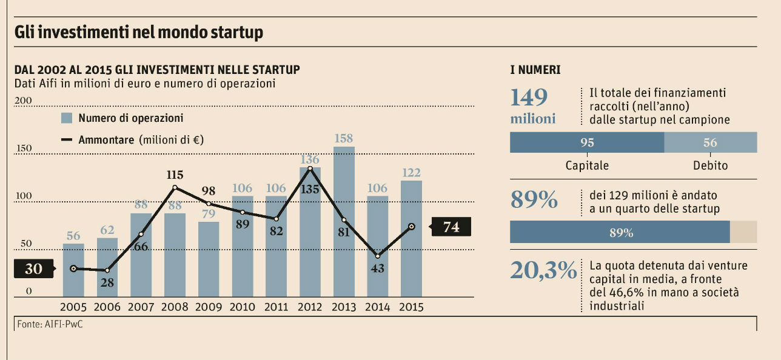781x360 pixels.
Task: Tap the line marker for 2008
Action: (175, 187)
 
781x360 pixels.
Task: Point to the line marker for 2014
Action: (378, 256)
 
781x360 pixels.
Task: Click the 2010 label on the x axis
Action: (243, 307)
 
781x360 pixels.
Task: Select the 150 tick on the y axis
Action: (23, 148)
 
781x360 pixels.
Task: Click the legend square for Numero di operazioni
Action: (67, 118)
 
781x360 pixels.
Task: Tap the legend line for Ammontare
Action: (67, 140)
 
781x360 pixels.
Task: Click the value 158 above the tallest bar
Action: (344, 138)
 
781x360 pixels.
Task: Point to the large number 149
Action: (529, 98)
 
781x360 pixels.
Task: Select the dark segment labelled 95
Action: (587, 143)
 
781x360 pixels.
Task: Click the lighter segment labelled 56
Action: (710, 143)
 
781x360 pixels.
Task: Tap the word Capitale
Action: (587, 165)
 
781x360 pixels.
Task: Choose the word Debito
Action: (710, 165)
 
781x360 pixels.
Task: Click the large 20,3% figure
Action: (543, 270)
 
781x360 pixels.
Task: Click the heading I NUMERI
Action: (535, 70)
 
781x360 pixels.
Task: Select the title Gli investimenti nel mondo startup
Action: (139, 32)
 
